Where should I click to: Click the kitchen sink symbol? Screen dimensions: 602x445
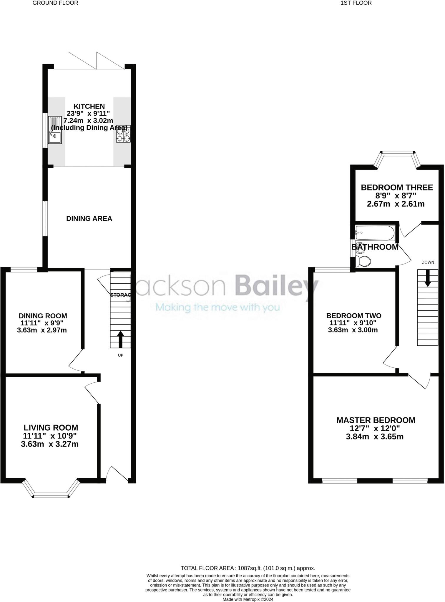(x=55, y=130)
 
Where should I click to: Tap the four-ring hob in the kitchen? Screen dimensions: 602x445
(x=123, y=134)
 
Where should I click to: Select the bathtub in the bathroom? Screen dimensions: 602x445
(x=374, y=233)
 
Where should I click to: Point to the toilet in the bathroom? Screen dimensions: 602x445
(x=363, y=261)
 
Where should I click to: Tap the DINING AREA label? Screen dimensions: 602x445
(x=89, y=218)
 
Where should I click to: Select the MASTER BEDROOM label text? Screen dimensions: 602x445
(x=376, y=420)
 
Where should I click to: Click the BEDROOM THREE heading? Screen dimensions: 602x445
(x=396, y=187)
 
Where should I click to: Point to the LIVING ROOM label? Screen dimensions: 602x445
(x=51, y=427)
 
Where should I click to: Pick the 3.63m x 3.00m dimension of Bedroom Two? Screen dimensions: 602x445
(x=353, y=330)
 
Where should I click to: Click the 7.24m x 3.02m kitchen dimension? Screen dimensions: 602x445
(x=88, y=121)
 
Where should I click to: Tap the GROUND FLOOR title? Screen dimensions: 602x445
(x=55, y=3)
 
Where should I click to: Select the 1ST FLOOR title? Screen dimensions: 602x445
(x=356, y=3)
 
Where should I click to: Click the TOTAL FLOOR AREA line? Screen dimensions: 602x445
(x=248, y=568)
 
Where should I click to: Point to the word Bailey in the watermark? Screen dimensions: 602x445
(x=277, y=285)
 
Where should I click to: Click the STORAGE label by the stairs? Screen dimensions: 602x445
(x=120, y=295)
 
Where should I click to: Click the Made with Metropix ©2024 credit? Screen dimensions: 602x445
(x=248, y=599)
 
